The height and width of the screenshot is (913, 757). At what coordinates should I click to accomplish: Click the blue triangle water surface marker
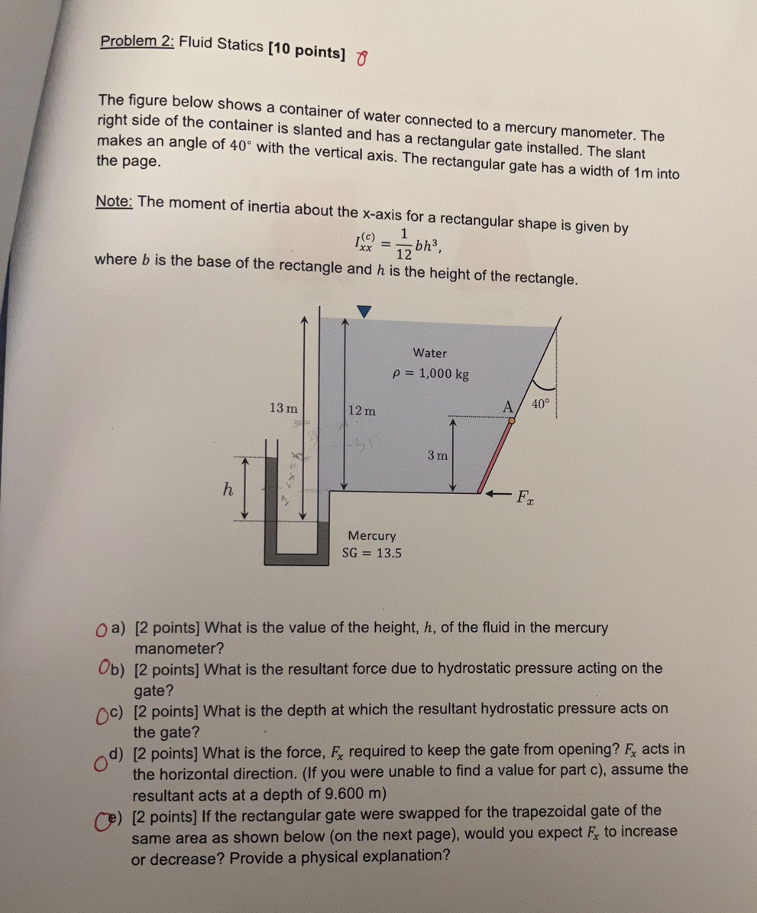tap(364, 310)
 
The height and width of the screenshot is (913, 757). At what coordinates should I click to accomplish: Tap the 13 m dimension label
tap(283, 408)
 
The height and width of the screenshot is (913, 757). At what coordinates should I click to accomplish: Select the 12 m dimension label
tap(361, 411)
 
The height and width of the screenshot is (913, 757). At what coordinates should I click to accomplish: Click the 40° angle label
tap(541, 405)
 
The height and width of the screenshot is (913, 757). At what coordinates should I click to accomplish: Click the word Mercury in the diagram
tap(372, 535)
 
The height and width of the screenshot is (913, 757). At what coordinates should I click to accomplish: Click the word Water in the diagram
tap(429, 353)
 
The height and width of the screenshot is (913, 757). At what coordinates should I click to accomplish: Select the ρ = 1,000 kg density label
tap(430, 374)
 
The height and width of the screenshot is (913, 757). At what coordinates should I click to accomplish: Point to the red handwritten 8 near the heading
tap(362, 58)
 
